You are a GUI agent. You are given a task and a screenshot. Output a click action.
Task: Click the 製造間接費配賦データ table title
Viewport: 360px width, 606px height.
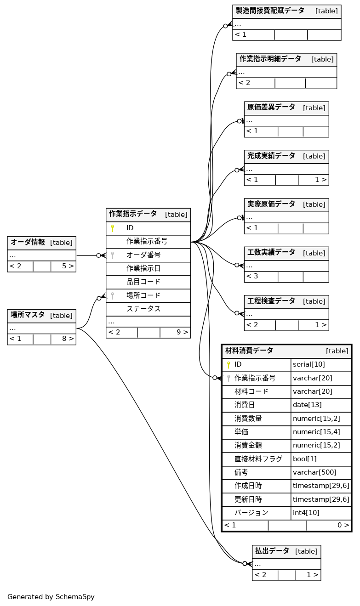click(270, 11)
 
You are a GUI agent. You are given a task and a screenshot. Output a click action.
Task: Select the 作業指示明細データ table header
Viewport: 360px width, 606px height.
click(270, 59)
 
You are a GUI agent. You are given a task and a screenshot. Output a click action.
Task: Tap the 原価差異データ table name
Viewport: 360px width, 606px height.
click(271, 108)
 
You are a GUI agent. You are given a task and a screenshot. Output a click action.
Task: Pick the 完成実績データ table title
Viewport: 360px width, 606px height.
click(271, 156)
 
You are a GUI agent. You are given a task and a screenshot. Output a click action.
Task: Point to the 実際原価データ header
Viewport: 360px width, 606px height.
click(271, 204)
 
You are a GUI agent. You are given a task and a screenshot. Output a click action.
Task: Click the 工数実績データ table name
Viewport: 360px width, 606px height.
click(271, 253)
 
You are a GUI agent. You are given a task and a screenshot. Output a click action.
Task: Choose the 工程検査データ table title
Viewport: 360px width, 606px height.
click(271, 301)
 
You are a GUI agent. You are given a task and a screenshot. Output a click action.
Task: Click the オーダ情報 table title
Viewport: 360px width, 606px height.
click(28, 243)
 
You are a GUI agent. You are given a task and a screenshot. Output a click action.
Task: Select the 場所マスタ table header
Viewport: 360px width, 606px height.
click(28, 315)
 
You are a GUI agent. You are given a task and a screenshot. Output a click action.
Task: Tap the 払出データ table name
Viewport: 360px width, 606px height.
click(272, 551)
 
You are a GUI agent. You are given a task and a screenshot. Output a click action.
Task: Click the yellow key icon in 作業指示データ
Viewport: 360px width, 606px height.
click(112, 228)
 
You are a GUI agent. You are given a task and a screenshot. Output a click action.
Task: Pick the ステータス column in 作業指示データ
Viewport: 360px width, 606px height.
click(143, 309)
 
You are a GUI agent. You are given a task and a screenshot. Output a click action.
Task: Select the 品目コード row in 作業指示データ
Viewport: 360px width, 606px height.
click(143, 282)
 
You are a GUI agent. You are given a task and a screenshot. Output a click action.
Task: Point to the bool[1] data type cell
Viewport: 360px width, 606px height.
click(305, 459)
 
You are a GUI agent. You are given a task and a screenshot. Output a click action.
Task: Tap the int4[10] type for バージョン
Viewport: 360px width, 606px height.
click(306, 512)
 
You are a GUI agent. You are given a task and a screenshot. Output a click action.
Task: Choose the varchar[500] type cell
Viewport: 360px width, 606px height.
click(314, 472)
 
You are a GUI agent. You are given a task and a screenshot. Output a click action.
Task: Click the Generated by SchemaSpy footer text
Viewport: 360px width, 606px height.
click(51, 597)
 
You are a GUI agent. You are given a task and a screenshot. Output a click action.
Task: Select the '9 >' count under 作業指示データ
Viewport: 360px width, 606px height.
click(182, 332)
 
